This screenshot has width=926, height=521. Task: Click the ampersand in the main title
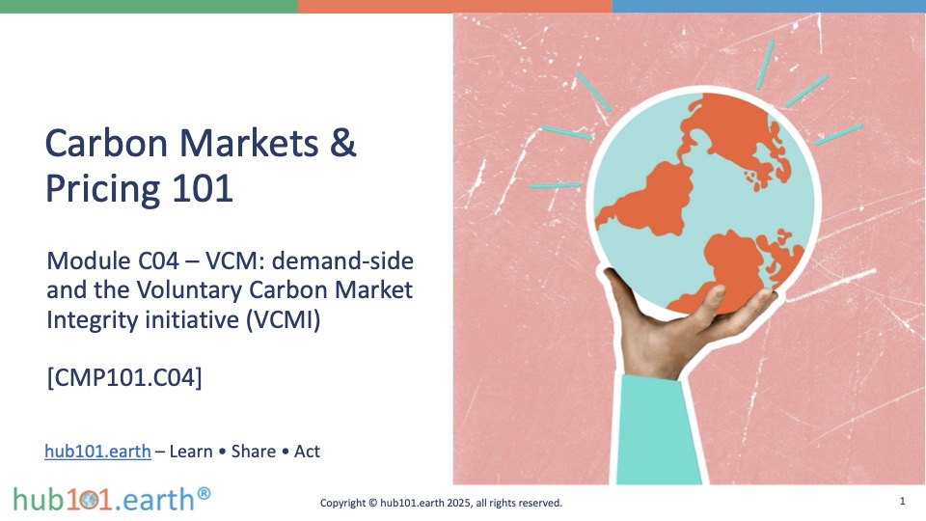(x=343, y=143)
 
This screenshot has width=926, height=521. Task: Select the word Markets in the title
(x=249, y=143)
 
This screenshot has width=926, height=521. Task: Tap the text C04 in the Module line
(x=158, y=261)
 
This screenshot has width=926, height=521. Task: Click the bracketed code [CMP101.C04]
(x=124, y=377)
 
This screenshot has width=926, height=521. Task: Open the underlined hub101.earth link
(x=97, y=452)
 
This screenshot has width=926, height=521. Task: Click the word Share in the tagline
(x=254, y=452)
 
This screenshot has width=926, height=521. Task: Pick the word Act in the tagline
(x=307, y=452)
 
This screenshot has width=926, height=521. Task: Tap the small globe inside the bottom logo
(x=90, y=501)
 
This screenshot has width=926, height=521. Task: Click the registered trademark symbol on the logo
(x=204, y=493)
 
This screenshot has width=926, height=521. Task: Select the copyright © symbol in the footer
(x=372, y=504)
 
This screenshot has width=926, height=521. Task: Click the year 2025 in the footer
(x=459, y=504)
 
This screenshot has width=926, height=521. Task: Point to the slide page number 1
(x=903, y=502)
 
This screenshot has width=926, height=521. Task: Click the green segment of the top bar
(x=149, y=7)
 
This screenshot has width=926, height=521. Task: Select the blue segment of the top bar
(x=769, y=7)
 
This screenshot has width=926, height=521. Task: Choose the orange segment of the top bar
(x=454, y=7)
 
